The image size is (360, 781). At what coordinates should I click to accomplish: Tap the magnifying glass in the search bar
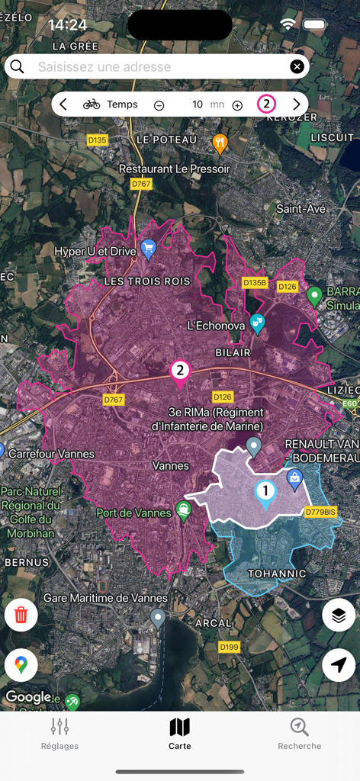tap(18, 67)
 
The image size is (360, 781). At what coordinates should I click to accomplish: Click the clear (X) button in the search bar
tap(297, 67)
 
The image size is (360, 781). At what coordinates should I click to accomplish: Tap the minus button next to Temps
tap(159, 105)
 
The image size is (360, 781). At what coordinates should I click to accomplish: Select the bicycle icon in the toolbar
tap(92, 104)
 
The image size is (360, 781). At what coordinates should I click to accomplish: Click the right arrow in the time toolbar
tap(297, 104)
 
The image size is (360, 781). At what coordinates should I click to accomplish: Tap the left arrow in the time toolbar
tap(63, 104)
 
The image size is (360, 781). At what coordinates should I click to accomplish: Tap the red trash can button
tap(21, 615)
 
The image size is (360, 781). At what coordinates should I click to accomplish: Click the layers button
tap(339, 615)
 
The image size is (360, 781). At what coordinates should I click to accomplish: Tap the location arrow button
tap(339, 665)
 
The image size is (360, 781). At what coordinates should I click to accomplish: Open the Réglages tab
tap(59, 734)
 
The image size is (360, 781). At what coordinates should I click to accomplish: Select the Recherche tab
tap(300, 734)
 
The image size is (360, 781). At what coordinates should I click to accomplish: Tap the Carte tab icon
tap(180, 728)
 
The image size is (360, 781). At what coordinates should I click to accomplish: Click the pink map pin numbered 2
tap(180, 372)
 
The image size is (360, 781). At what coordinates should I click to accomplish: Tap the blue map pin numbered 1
tap(265, 493)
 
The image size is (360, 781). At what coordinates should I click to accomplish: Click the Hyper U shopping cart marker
tap(149, 248)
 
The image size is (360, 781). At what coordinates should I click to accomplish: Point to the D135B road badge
tap(256, 283)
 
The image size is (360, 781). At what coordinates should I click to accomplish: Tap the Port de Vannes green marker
tap(183, 509)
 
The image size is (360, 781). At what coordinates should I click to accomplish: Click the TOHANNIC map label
tap(277, 574)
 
